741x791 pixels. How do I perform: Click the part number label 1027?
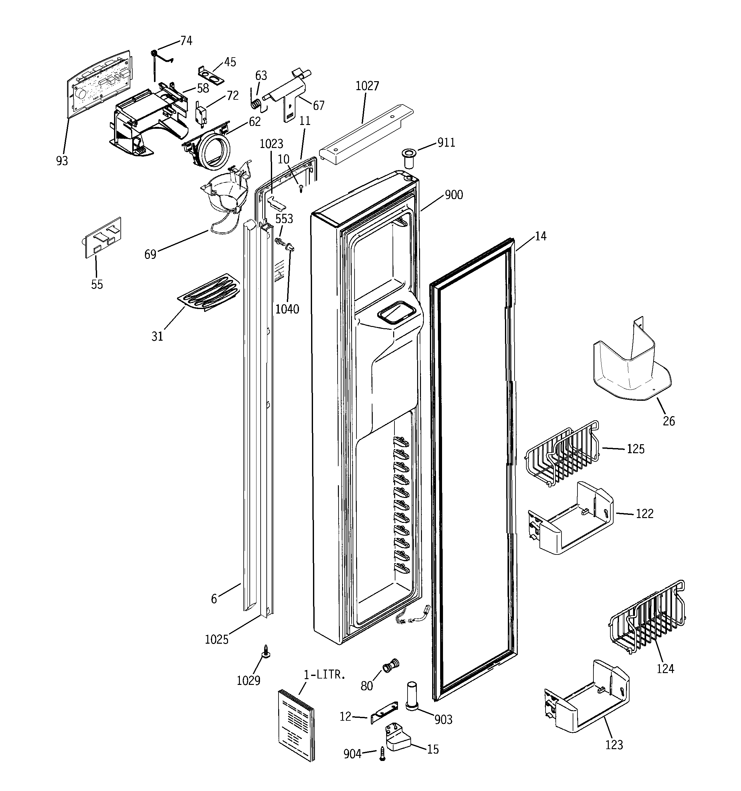point(367,86)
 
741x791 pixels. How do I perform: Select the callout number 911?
point(446,143)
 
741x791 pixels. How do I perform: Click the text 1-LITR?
point(324,675)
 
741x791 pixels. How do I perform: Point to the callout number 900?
point(454,195)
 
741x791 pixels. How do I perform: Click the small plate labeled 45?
point(211,75)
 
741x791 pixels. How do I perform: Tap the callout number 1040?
point(287,309)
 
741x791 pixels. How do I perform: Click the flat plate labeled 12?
point(384,713)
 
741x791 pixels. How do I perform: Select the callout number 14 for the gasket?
point(540,237)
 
